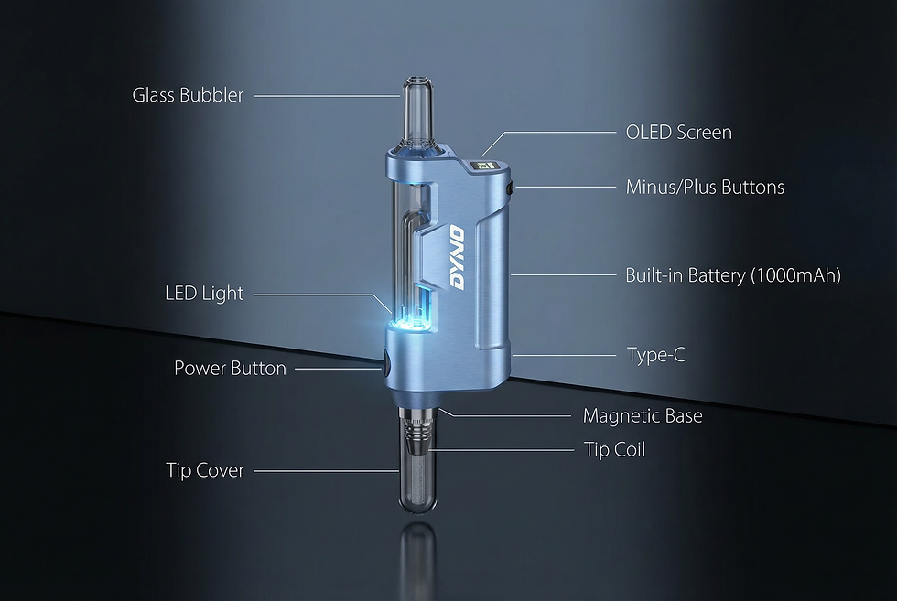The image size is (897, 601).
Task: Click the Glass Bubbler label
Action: coord(188,95)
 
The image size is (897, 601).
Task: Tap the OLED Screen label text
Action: coord(678,133)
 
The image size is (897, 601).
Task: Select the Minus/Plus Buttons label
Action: coord(705,188)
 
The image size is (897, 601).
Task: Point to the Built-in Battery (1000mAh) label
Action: coord(732,275)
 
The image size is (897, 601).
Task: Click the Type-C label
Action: coord(655,355)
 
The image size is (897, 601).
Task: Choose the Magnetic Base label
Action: coord(643,416)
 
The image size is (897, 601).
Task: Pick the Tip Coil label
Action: coord(614,450)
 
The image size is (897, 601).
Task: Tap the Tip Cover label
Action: coord(205,471)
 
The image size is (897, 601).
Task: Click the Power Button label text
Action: coord(230,369)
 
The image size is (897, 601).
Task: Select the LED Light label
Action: coord(204,294)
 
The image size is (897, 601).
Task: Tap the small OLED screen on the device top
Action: coord(484,167)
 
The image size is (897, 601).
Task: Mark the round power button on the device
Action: coord(384,364)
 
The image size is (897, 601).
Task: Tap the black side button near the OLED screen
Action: coord(508,188)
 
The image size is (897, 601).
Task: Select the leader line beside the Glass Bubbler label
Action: coord(325,95)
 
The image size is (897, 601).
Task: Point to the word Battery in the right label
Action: coord(713,275)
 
